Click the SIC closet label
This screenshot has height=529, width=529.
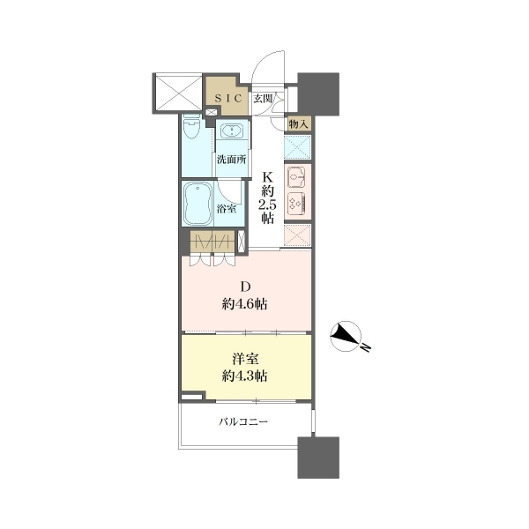coord(228,99)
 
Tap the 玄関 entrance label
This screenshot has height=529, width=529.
coord(263,99)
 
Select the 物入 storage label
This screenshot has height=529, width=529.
coord(298,124)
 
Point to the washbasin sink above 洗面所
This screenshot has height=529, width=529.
coord(232,130)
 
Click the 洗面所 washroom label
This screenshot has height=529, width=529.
coord(231,160)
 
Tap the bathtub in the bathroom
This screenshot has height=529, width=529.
coord(197,204)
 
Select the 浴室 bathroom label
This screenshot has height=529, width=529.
coord(227,209)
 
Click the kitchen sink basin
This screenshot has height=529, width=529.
coord(296,176)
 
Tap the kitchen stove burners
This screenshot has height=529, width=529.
coord(296,203)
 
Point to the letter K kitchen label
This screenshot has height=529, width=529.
coord(267,177)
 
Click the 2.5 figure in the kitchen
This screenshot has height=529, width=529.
coord(267,205)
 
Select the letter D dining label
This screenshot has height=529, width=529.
coord(245,287)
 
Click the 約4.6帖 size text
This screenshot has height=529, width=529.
coord(245,304)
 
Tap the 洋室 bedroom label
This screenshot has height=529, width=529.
coord(245,359)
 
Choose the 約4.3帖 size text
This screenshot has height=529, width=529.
coord(245,376)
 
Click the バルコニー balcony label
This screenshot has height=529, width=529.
coord(243,421)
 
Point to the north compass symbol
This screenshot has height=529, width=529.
coord(346,336)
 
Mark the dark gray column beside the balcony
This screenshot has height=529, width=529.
coord(318,458)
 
